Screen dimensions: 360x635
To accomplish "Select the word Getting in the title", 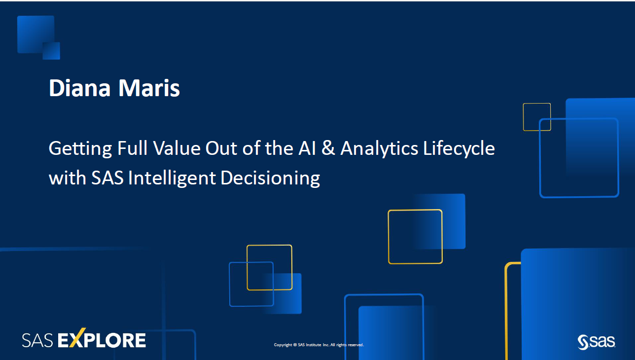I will (80, 148).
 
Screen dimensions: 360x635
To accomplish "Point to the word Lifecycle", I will (459, 148).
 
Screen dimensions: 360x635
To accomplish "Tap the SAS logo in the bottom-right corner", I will (597, 341).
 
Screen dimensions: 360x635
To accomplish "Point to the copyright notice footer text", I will (318, 345).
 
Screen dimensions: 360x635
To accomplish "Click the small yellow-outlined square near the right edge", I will (537, 117).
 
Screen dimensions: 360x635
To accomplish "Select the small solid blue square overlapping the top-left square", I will (51, 51).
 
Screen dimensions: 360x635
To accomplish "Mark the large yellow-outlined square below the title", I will (415, 237).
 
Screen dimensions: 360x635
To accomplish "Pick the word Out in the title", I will (220, 148).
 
